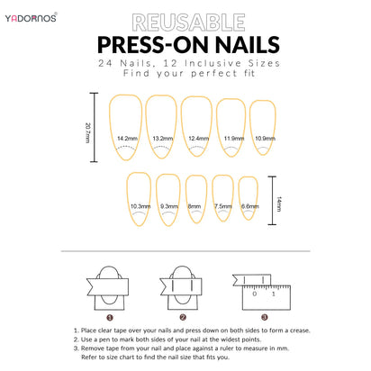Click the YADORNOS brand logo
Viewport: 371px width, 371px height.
[x=33, y=17]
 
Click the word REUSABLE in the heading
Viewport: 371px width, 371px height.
[x=185, y=23]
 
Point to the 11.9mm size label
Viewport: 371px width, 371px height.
[x=233, y=139]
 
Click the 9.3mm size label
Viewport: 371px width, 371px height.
[x=168, y=207]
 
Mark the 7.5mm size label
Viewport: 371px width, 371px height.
[x=222, y=207]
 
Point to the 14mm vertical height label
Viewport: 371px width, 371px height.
[x=279, y=204]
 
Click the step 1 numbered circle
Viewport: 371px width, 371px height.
[x=109, y=317]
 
